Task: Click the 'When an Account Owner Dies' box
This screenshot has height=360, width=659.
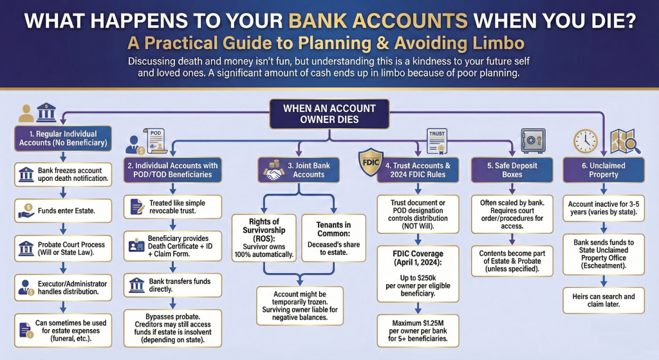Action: click(x=329, y=114)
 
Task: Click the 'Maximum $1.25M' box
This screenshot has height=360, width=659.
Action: click(x=418, y=328)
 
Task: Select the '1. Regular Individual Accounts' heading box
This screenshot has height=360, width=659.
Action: click(x=62, y=138)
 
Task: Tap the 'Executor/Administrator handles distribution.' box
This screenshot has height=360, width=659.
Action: click(x=62, y=288)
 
